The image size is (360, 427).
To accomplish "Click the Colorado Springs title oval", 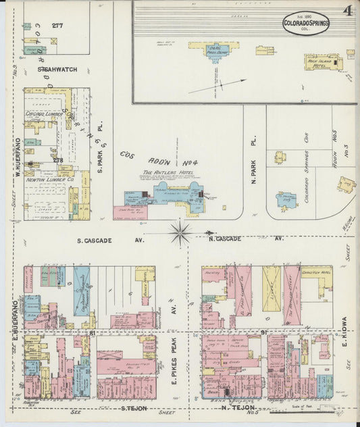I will click(x=306, y=22).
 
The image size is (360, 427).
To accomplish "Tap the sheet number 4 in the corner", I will click(x=347, y=10).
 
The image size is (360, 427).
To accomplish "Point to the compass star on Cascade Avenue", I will click(x=180, y=233).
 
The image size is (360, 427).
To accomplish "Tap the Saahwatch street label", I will click(x=57, y=69).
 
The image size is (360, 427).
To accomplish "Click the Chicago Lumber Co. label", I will click(x=45, y=114).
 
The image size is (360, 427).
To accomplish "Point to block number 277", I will click(x=57, y=26).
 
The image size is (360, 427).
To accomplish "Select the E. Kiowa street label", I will click(x=344, y=332).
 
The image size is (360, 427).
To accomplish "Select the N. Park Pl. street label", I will click(x=254, y=148).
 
